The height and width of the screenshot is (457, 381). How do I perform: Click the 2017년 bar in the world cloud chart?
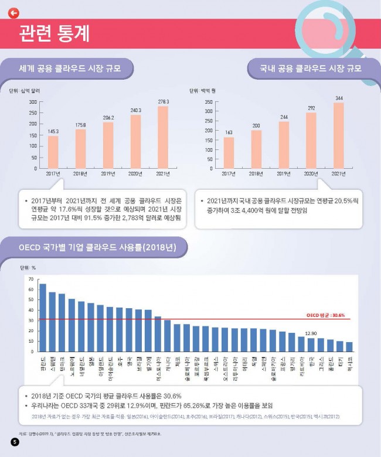click(53, 152)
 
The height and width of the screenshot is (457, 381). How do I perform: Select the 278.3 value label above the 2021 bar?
click(164, 102)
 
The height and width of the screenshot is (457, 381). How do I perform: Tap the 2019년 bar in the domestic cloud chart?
click(284, 145)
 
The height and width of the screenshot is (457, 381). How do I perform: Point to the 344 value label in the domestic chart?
click(339, 98)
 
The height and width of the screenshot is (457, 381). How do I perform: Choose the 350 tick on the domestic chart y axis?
click(208, 102)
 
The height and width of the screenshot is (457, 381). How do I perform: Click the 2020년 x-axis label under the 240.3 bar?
click(135, 173)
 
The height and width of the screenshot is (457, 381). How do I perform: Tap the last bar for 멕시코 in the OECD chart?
click(350, 347)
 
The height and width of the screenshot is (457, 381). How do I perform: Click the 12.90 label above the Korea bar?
click(311, 333)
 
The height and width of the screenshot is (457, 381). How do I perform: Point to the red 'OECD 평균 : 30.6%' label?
click(326, 314)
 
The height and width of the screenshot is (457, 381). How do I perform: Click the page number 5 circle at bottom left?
click(16, 442)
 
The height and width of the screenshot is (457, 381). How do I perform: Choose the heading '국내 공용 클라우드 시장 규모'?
click(311, 69)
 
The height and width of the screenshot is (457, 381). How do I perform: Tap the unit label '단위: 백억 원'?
click(203, 91)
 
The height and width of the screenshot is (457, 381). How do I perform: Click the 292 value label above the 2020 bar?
click(311, 108)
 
